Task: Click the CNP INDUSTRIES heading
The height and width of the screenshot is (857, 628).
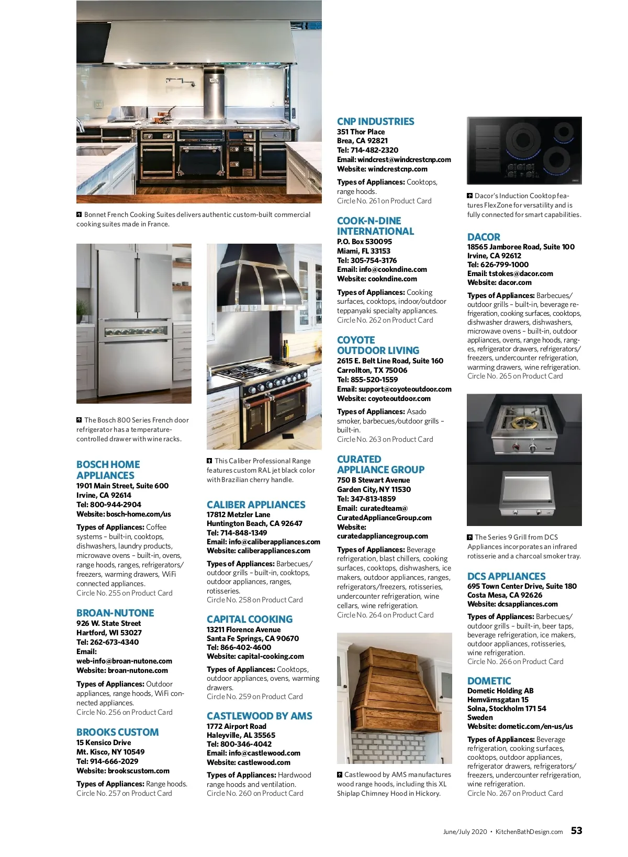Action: tap(375, 121)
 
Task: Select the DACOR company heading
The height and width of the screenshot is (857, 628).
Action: tap(484, 237)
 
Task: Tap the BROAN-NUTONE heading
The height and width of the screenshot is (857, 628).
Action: tap(115, 613)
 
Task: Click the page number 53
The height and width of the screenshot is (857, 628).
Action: tap(576, 831)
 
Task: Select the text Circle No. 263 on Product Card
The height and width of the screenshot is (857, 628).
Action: tap(385, 439)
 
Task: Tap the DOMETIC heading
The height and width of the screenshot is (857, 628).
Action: tap(489, 681)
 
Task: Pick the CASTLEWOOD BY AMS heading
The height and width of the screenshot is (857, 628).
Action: tap(259, 716)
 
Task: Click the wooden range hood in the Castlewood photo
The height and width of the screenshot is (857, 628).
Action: tap(394, 685)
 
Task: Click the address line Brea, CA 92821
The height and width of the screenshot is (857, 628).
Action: tap(362, 141)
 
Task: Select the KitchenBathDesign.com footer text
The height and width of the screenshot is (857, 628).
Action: tap(529, 832)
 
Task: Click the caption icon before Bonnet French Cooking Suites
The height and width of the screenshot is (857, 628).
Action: tap(79, 214)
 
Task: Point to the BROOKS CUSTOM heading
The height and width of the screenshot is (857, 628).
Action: tap(117, 732)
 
